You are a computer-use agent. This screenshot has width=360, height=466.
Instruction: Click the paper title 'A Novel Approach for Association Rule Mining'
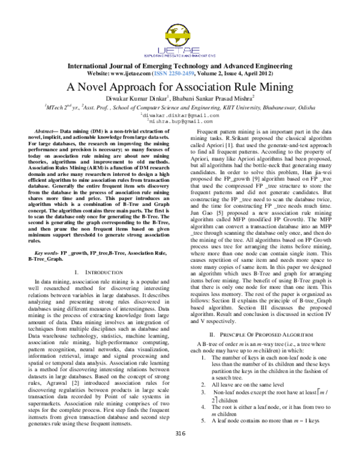click(179, 86)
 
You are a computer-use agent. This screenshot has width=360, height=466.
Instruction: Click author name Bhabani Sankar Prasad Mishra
click(212, 97)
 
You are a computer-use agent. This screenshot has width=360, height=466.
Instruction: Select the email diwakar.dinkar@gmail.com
click(179, 115)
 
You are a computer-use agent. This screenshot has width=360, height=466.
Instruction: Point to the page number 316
click(179, 450)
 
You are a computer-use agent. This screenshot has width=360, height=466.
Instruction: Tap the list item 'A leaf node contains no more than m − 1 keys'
click(267, 437)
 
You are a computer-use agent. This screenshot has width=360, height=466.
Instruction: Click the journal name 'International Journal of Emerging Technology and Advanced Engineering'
click(179, 65)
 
